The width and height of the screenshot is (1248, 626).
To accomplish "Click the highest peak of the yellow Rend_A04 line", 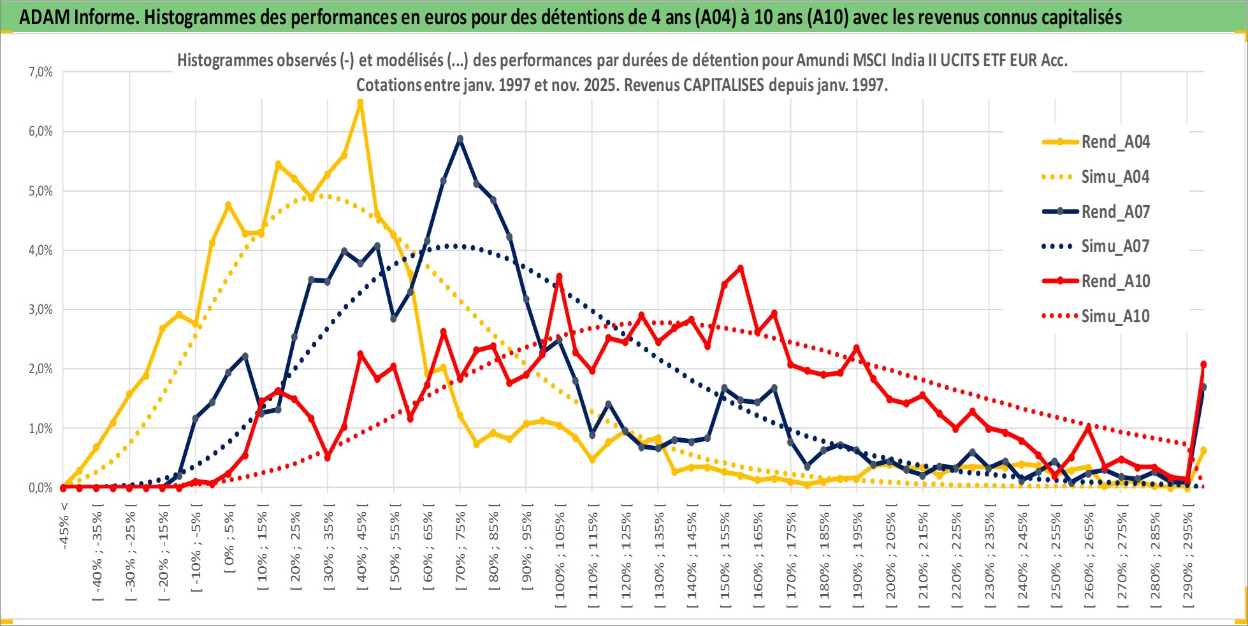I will pyautogui.click(x=360, y=102).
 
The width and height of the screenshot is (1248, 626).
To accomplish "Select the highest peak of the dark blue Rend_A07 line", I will pyautogui.click(x=460, y=138).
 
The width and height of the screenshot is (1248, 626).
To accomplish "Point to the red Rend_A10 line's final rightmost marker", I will pyautogui.click(x=1203, y=364).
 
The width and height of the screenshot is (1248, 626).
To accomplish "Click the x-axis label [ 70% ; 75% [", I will pyautogui.click(x=461, y=551).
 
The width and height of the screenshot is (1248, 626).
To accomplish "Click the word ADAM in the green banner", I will pyautogui.click(x=45, y=17).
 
